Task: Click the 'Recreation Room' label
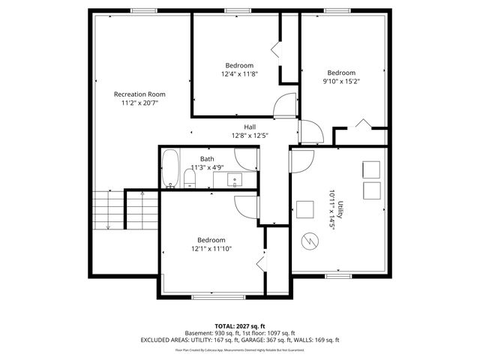pos(139,94)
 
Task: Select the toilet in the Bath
pos(190,178)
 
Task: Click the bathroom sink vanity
pos(233,180)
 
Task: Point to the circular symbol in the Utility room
pos(309,241)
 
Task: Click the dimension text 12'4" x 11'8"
pos(239,74)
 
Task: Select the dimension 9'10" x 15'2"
pos(341,82)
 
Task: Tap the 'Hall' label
pos(250,127)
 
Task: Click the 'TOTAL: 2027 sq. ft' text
pos(240,325)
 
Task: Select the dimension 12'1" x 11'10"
pos(211,248)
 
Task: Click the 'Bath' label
pos(207,159)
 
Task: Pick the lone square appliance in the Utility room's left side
pos(304,208)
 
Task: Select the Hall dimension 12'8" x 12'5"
pos(250,136)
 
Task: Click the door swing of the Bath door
pos(245,158)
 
